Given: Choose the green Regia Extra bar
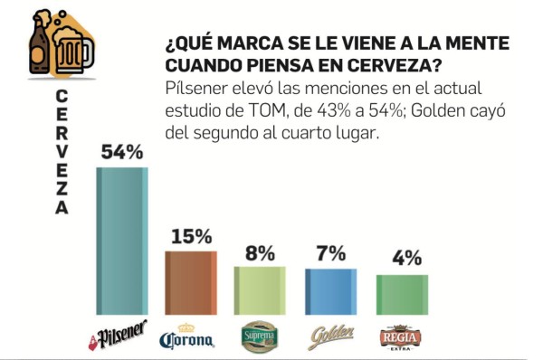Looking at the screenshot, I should (401, 295).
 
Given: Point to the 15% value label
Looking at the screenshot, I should (190, 237).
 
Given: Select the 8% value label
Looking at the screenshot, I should (260, 253).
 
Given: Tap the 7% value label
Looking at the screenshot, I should (331, 254).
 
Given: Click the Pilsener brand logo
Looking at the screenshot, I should (118, 336).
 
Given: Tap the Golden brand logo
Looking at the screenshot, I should (330, 337).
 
